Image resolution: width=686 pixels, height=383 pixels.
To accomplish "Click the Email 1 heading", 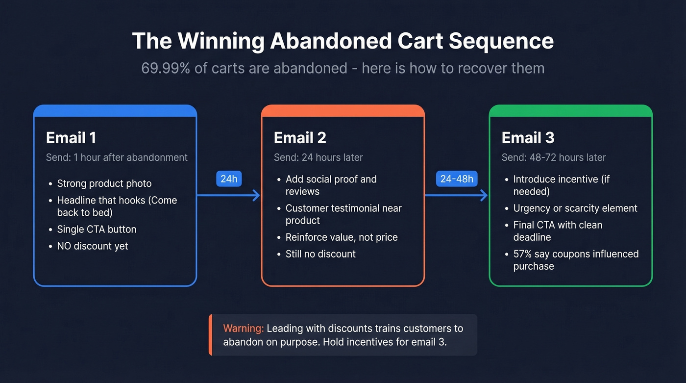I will [x=71, y=138].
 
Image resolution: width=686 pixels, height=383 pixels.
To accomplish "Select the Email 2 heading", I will [x=300, y=138].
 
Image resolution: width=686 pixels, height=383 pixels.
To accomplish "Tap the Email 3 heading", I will [x=528, y=138].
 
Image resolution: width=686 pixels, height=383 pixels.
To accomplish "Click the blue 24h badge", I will [x=229, y=179].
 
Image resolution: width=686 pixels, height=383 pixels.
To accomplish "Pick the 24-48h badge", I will [x=457, y=179].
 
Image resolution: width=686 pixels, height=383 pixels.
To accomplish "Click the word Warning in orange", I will [x=243, y=329].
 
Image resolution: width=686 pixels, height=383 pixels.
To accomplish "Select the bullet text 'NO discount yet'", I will [x=93, y=246].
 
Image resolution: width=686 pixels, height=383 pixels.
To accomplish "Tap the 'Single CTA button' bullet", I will [x=97, y=230].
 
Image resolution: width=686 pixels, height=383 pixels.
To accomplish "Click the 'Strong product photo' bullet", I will [x=104, y=183].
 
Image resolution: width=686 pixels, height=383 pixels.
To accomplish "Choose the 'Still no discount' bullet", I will [x=320, y=254].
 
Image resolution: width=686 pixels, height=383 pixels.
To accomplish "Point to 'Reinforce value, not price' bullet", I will [x=342, y=237].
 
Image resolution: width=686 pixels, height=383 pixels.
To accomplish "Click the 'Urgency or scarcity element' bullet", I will [x=575, y=208].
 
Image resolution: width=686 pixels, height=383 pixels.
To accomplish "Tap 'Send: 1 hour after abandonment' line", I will [x=117, y=157].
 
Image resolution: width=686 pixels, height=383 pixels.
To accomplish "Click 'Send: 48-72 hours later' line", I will [x=554, y=157].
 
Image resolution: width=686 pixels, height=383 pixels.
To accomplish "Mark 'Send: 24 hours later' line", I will [x=318, y=157].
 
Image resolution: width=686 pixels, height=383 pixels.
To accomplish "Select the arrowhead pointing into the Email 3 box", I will [x=484, y=196].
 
